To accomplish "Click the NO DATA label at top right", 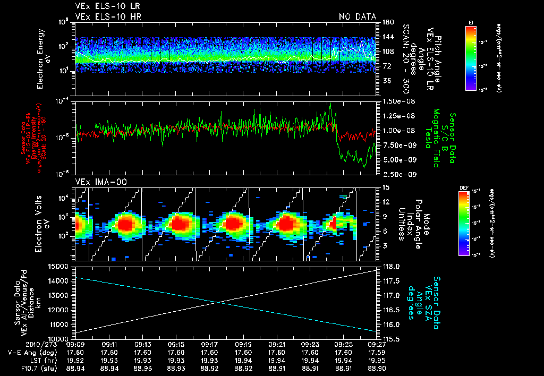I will [x=357, y=17].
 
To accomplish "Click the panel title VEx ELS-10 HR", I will [x=104, y=17].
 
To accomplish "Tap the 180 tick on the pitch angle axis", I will [x=387, y=22].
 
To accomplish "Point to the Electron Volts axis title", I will [x=44, y=222].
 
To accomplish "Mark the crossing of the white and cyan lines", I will [x=219, y=302].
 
